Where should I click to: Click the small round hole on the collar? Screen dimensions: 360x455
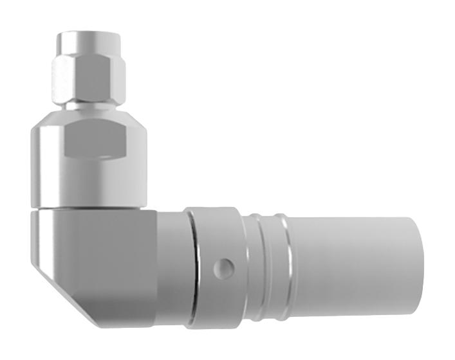tap(223, 266)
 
